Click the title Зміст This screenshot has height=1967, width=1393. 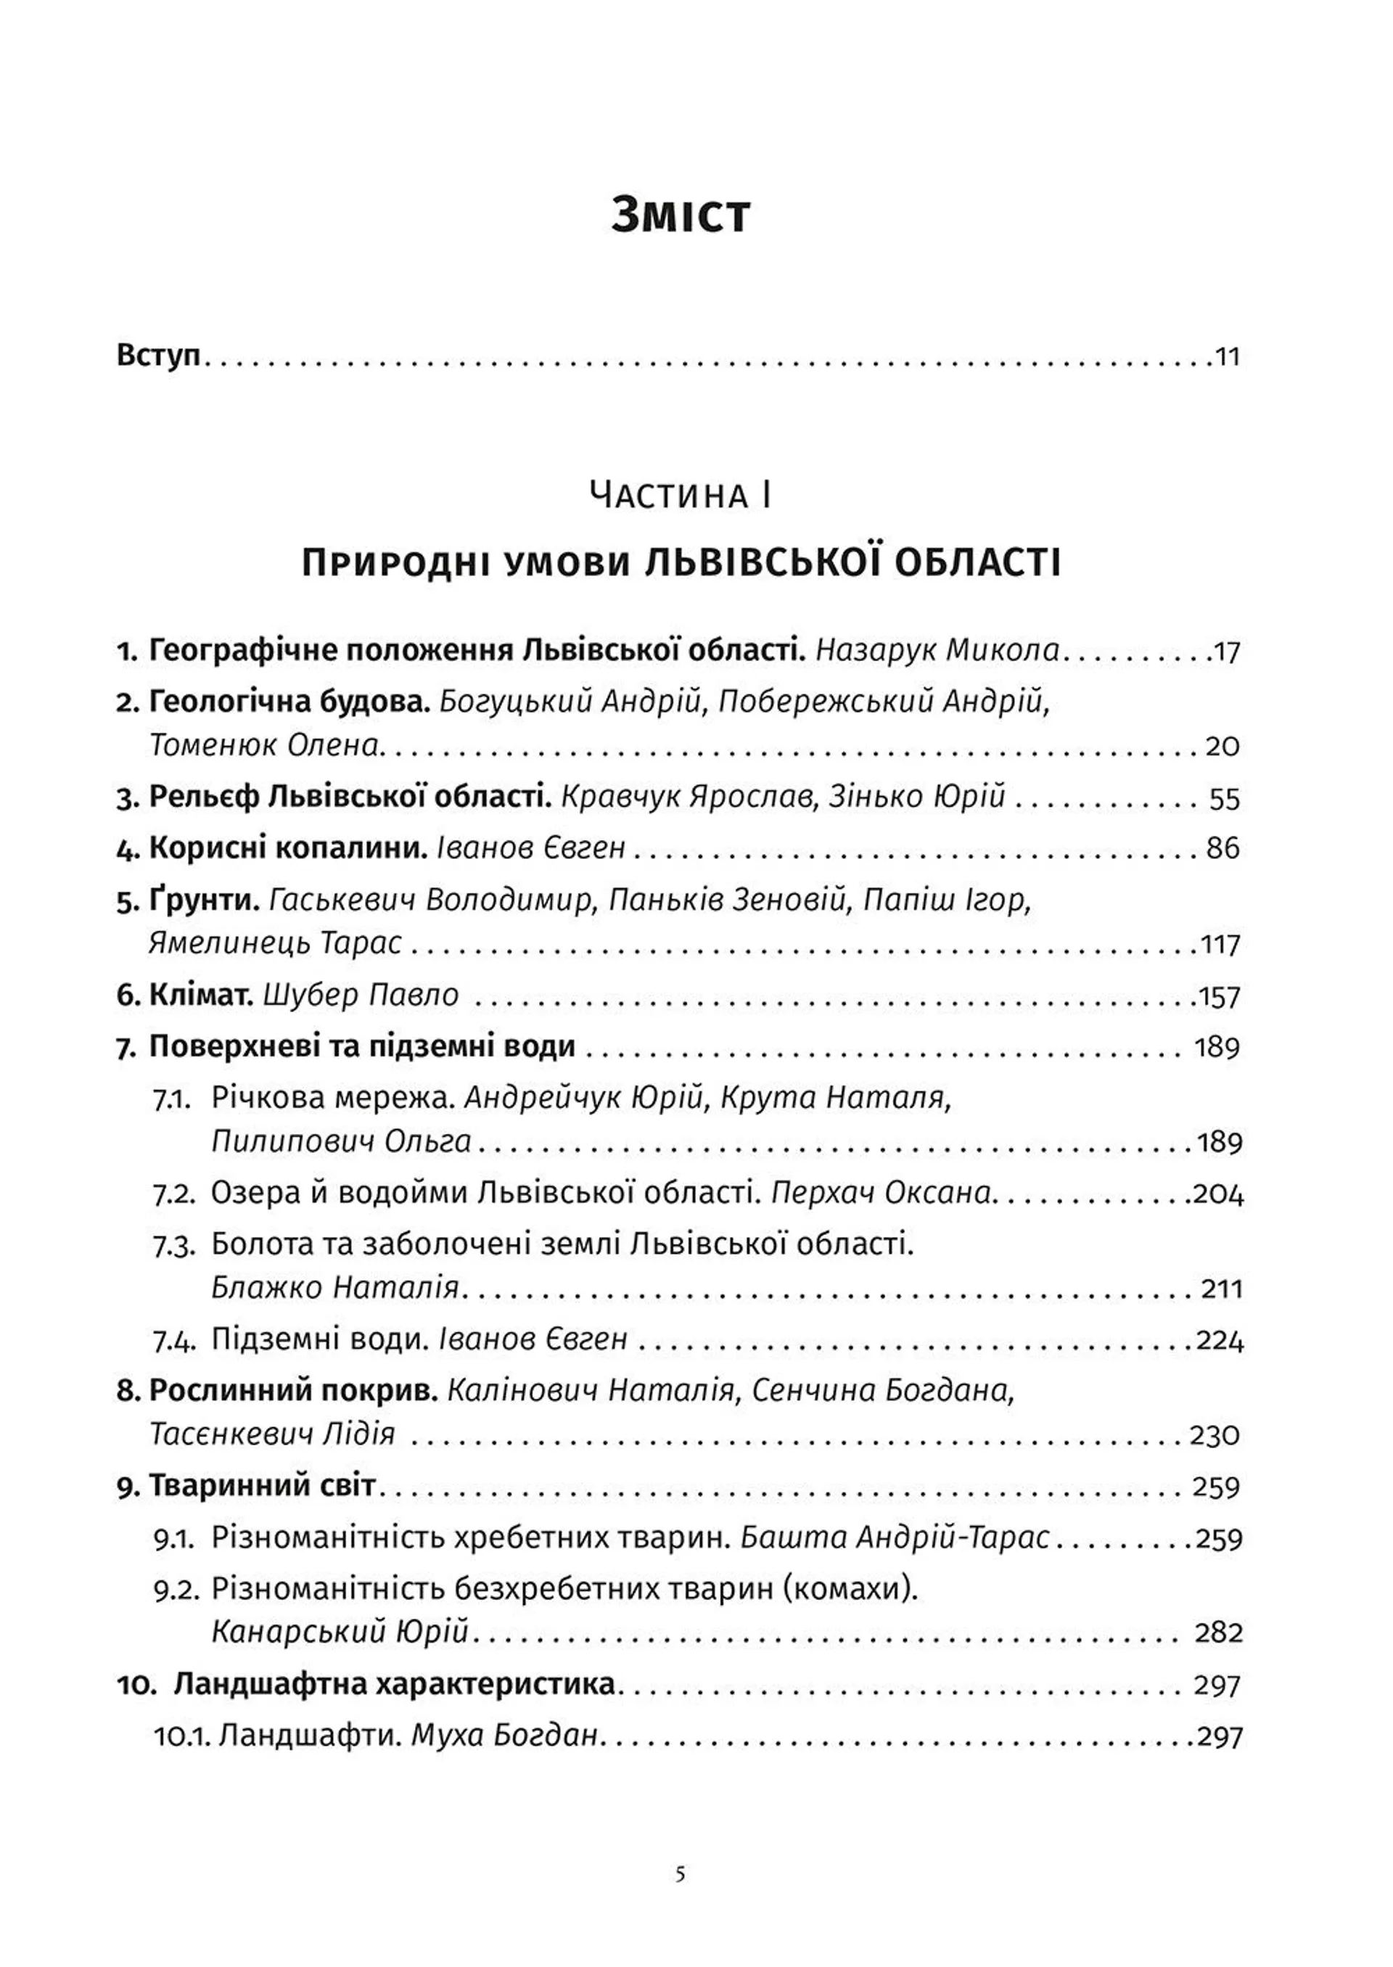(681, 215)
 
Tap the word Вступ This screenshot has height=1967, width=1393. (158, 355)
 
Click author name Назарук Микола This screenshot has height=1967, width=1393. (937, 650)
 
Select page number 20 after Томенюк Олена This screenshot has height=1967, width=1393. (1223, 745)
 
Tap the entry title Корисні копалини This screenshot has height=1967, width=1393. (288, 848)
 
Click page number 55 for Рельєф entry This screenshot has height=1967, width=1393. (1224, 799)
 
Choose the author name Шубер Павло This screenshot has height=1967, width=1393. (361, 995)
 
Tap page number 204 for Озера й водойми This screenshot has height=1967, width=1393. (1218, 1194)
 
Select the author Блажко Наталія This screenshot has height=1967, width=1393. (334, 1288)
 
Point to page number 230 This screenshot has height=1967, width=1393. (1215, 1435)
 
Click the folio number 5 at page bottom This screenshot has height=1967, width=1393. (681, 1874)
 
